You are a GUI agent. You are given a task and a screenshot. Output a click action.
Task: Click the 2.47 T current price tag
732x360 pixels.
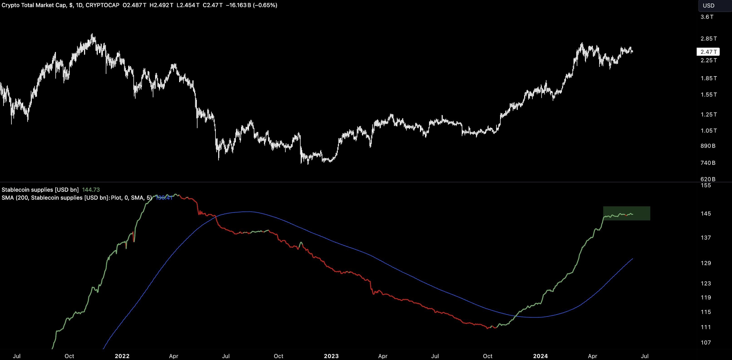[708, 52]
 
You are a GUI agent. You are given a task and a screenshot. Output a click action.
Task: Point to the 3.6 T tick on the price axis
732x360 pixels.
[707, 17]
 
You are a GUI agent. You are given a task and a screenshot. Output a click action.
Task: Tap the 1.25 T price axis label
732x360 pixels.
[708, 114]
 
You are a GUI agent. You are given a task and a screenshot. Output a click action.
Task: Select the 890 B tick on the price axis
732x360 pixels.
[708, 146]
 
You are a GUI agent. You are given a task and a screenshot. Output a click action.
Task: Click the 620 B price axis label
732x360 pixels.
[708, 179]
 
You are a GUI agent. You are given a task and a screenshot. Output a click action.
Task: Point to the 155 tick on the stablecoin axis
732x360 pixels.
[705, 185]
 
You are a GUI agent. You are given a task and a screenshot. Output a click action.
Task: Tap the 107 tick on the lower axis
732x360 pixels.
[705, 342]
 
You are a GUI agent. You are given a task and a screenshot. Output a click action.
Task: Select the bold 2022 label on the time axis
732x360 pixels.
[122, 356]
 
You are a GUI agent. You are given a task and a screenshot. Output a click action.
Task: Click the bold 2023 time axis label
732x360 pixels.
[331, 356]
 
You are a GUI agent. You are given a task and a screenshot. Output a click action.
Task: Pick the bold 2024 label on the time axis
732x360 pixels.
[540, 356]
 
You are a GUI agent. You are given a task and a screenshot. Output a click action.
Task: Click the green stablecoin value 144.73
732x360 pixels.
[91, 190]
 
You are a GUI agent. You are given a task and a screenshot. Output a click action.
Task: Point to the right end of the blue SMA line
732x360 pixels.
[632, 259]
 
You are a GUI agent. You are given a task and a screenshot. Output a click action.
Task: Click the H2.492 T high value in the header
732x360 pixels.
[161, 5]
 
